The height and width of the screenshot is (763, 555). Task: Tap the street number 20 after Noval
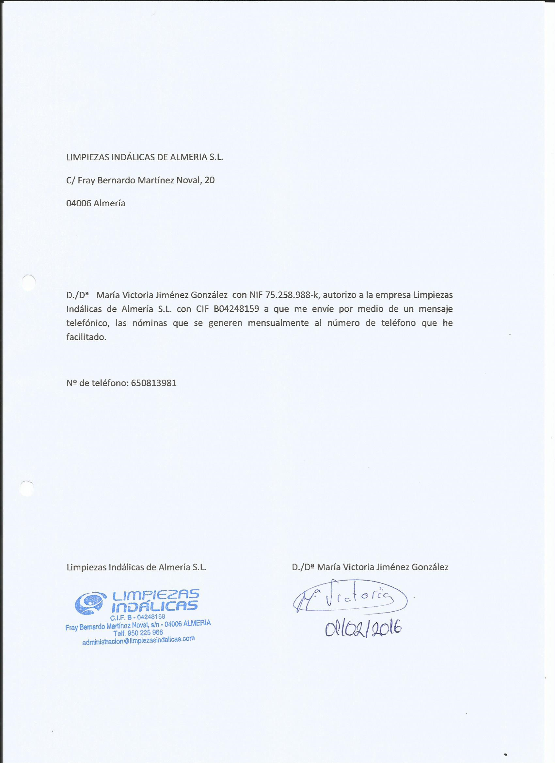209,180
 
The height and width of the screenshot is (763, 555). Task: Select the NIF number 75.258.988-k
292,295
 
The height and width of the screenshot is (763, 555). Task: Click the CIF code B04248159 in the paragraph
236,309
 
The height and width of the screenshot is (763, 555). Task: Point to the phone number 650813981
154,383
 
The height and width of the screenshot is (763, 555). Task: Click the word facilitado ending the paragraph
86,337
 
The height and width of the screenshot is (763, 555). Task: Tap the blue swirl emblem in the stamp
89,602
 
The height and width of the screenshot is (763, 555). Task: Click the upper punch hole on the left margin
29,283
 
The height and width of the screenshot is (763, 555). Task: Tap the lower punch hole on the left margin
26,488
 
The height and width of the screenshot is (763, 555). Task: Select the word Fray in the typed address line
86,181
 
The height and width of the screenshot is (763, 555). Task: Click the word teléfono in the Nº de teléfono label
109,383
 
